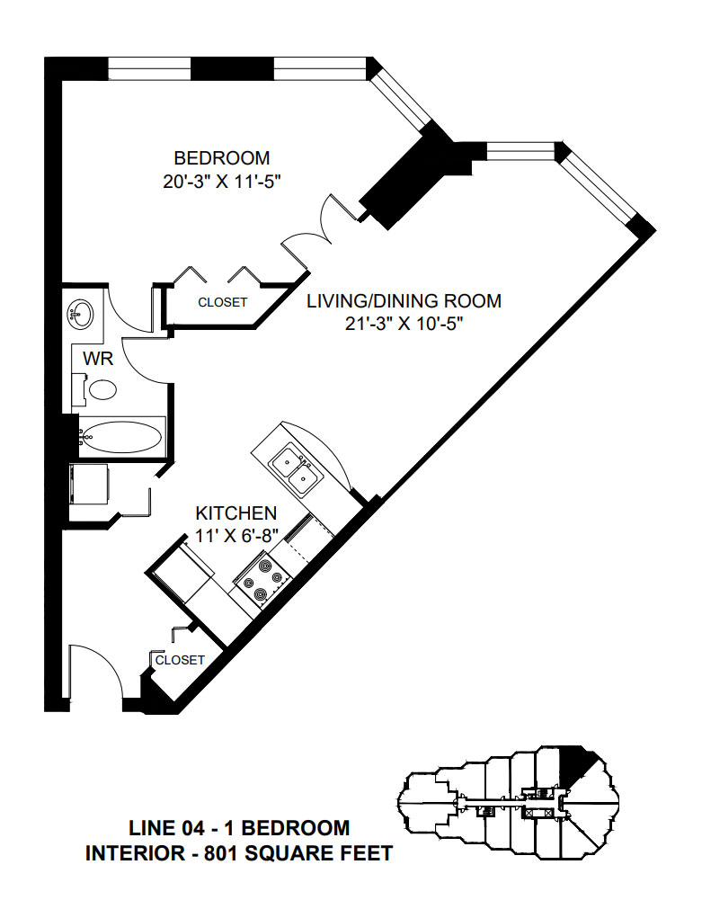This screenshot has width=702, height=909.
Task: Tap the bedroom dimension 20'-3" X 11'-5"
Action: point(222,181)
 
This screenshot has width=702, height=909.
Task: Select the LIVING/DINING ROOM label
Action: point(404,300)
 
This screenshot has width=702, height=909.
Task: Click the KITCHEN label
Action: point(236,513)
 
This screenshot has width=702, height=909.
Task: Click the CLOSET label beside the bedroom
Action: point(222,302)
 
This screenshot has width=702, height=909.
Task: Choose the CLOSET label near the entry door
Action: point(180,660)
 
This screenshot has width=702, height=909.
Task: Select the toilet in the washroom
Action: point(101,389)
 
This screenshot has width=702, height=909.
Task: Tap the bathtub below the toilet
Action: point(122,439)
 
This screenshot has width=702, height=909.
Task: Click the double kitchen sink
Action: point(294,468)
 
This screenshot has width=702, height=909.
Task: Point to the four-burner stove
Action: point(262,580)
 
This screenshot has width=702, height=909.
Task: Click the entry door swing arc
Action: point(94,670)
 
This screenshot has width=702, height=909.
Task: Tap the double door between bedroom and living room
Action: point(315,229)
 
